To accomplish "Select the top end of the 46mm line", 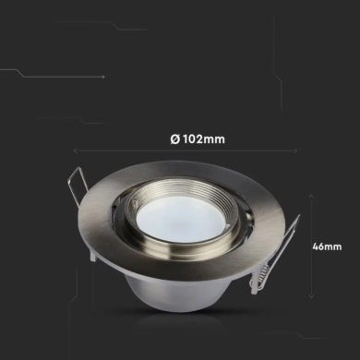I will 310,191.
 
